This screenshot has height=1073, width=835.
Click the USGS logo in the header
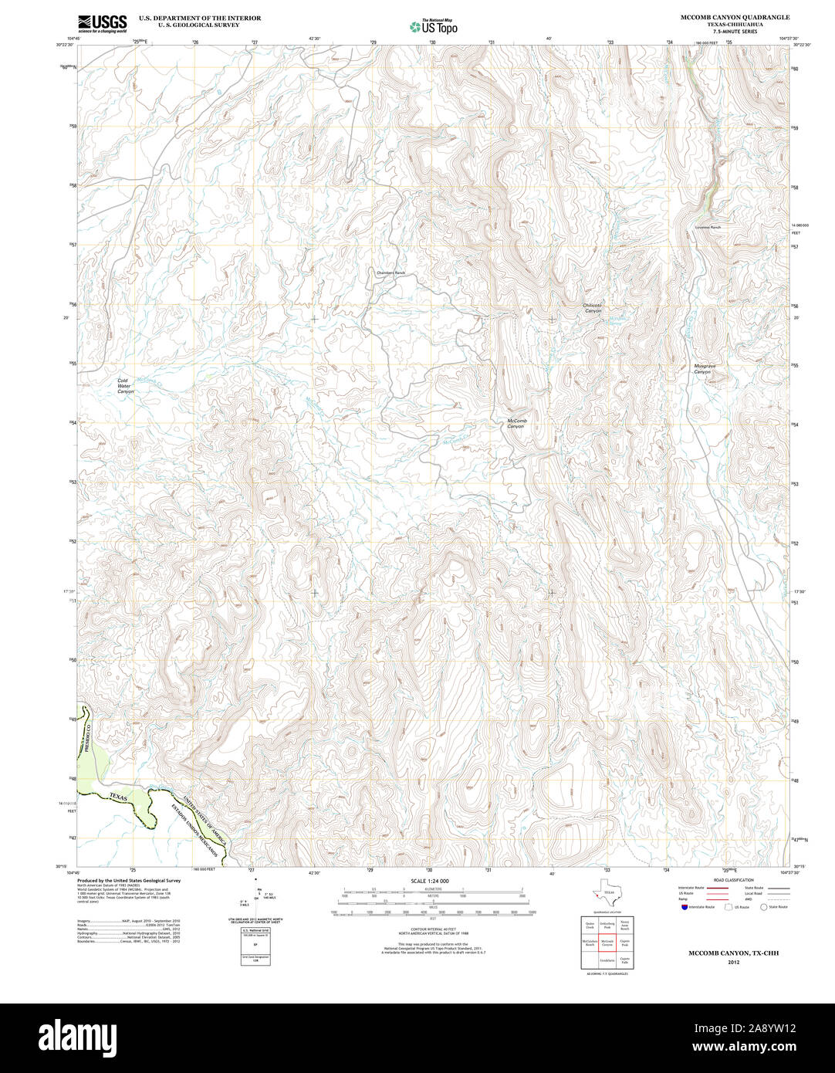pyautogui.click(x=102, y=23)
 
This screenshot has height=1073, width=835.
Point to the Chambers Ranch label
pyautogui.click(x=390, y=273)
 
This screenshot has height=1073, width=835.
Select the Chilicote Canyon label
pyautogui.click(x=592, y=307)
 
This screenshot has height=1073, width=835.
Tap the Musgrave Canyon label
pyautogui.click(x=701, y=369)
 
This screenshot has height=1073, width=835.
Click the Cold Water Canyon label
pyautogui.click(x=125, y=386)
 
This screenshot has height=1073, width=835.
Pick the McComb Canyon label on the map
pyautogui.click(x=516, y=423)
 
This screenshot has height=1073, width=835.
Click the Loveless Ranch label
pyautogui.click(x=707, y=228)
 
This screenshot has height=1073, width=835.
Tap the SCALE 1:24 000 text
pyautogui.click(x=430, y=881)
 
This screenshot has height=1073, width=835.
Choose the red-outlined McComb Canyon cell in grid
pyautogui.click(x=607, y=943)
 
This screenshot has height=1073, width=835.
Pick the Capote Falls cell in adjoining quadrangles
pyautogui.click(x=625, y=960)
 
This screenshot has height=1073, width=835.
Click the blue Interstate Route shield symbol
pyautogui.click(x=682, y=907)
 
